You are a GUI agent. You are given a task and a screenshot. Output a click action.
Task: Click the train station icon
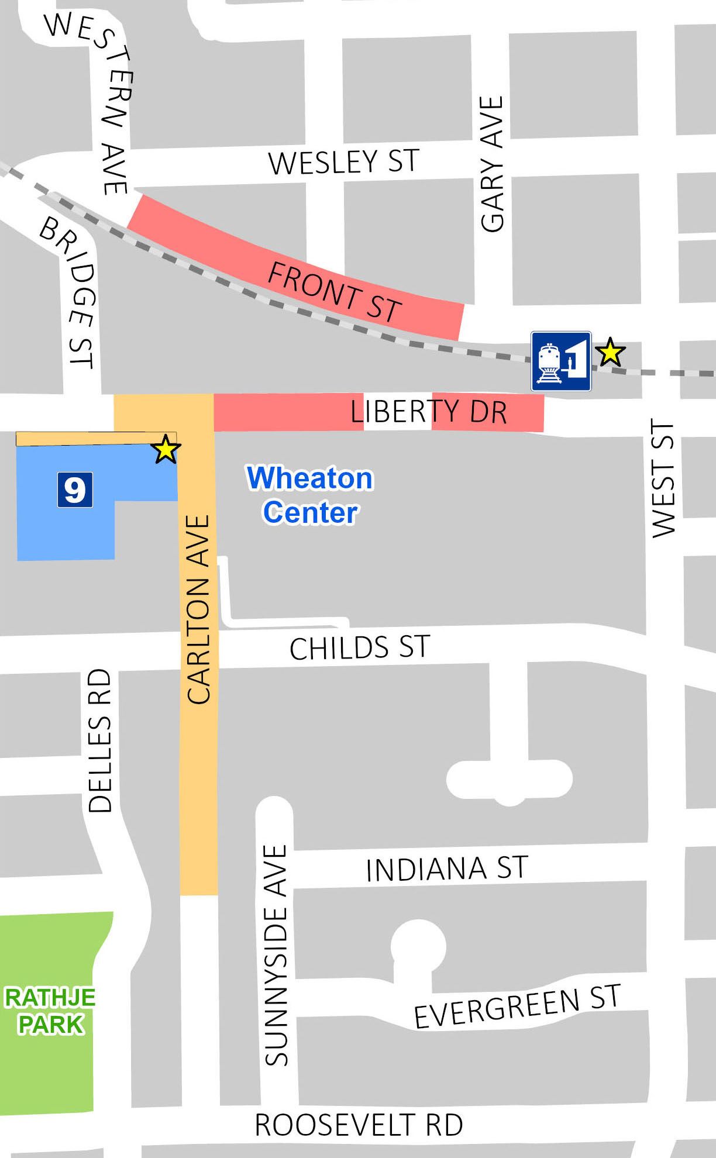[561, 361]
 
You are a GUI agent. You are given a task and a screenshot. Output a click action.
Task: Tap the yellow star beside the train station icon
[610, 352]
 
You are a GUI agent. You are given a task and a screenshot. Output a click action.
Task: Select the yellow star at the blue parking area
[166, 449]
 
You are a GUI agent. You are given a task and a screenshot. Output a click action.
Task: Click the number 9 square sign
[75, 490]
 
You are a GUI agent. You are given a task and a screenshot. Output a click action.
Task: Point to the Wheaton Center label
[310, 495]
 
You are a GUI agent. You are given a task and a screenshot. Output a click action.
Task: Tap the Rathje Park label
[50, 1011]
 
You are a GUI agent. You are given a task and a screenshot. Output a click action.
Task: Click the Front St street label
[335, 291]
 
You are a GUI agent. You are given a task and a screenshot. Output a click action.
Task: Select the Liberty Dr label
[428, 412]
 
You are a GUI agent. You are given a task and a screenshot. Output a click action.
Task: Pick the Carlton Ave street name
[198, 609]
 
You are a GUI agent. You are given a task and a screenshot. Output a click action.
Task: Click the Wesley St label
[344, 161]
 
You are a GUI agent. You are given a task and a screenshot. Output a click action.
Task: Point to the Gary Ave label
[492, 164]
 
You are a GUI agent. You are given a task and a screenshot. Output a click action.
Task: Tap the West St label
[663, 478]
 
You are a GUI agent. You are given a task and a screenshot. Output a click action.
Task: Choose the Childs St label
[360, 648]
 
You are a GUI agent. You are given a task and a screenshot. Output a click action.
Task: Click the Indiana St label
[447, 868]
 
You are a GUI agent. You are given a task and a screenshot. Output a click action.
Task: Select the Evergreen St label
[517, 1006]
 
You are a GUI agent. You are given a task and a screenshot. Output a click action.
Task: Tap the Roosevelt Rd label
[359, 1125]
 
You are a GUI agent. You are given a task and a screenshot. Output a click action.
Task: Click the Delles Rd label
[99, 740]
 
